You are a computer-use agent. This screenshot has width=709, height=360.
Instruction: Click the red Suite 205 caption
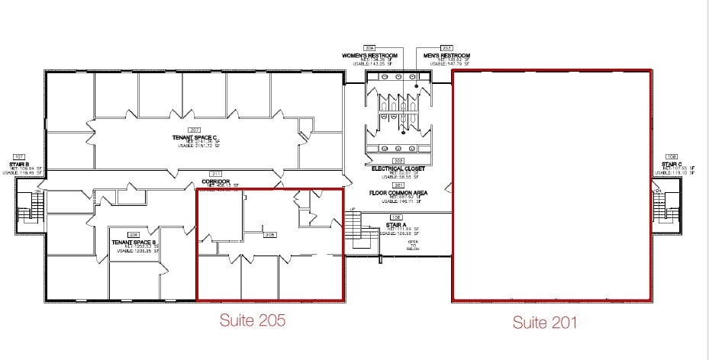click(252, 320)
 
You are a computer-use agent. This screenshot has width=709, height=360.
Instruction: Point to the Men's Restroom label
click(446, 56)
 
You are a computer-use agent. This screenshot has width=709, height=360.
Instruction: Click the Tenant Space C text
click(195, 137)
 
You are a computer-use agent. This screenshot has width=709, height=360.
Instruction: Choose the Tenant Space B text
click(134, 243)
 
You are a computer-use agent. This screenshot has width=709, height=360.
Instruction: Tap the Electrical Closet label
click(398, 169)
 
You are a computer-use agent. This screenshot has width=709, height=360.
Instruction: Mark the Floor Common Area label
click(398, 193)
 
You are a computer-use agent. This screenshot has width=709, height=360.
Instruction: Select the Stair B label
click(19, 164)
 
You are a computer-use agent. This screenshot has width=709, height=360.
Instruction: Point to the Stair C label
click(672, 164)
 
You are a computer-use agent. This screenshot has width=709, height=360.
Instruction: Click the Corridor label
click(216, 182)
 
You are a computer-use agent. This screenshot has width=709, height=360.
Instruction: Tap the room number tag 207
click(195, 130)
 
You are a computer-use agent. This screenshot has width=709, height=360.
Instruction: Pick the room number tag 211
click(216, 175)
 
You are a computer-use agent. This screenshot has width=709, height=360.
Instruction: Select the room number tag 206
click(134, 235)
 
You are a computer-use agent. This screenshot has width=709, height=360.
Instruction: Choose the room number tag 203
click(446, 48)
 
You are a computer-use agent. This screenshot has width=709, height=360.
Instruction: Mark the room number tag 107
click(19, 156)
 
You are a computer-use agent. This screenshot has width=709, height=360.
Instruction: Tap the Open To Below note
click(413, 245)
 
